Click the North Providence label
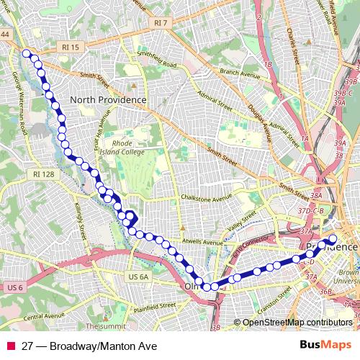108,99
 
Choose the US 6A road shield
138,276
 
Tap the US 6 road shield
16,288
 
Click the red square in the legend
12,346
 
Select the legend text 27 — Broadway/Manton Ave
89,346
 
